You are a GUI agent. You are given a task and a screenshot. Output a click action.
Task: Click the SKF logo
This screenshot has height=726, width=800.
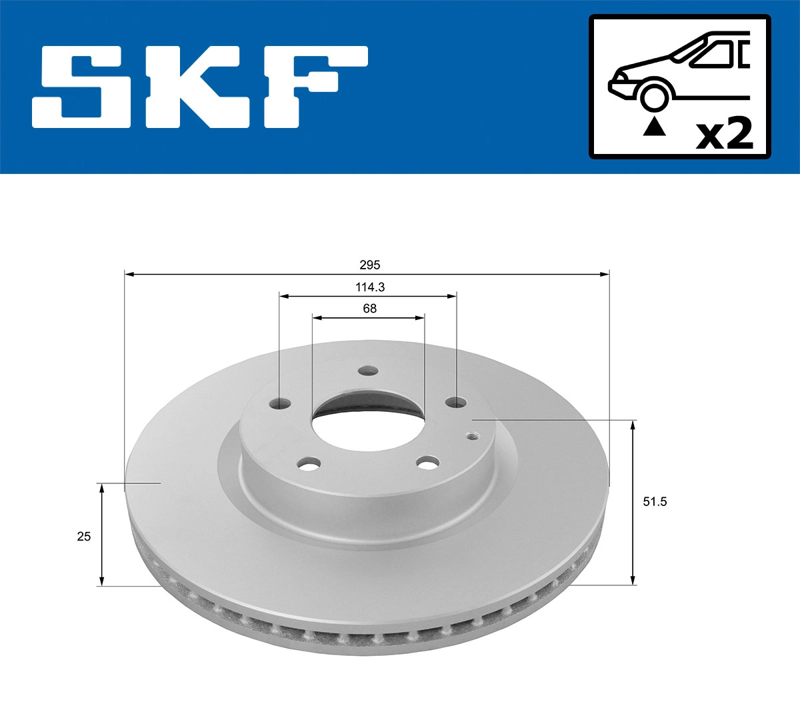[x=200, y=87]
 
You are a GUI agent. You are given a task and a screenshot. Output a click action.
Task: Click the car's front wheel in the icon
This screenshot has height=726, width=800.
[x=654, y=95]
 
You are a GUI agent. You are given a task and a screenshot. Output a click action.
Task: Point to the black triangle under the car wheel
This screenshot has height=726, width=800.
[x=654, y=126]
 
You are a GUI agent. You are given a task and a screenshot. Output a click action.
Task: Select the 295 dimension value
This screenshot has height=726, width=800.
[x=369, y=265]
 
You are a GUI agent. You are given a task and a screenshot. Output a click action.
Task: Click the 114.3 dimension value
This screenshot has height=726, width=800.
[x=369, y=287]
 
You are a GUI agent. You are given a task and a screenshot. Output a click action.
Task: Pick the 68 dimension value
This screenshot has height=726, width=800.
[x=369, y=309]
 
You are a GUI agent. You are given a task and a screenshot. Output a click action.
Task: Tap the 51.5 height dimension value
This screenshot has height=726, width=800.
[x=654, y=502]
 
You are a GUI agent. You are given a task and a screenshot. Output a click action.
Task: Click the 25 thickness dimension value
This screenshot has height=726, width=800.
[x=83, y=536]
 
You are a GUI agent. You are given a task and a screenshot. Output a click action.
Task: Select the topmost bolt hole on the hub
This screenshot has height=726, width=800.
[x=367, y=372]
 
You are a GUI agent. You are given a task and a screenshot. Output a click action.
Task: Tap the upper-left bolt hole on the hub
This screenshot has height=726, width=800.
[x=282, y=403]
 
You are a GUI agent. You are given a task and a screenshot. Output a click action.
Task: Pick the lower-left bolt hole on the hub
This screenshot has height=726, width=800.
[x=309, y=463]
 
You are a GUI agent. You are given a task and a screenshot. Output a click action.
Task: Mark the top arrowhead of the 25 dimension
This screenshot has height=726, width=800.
[x=101, y=488]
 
